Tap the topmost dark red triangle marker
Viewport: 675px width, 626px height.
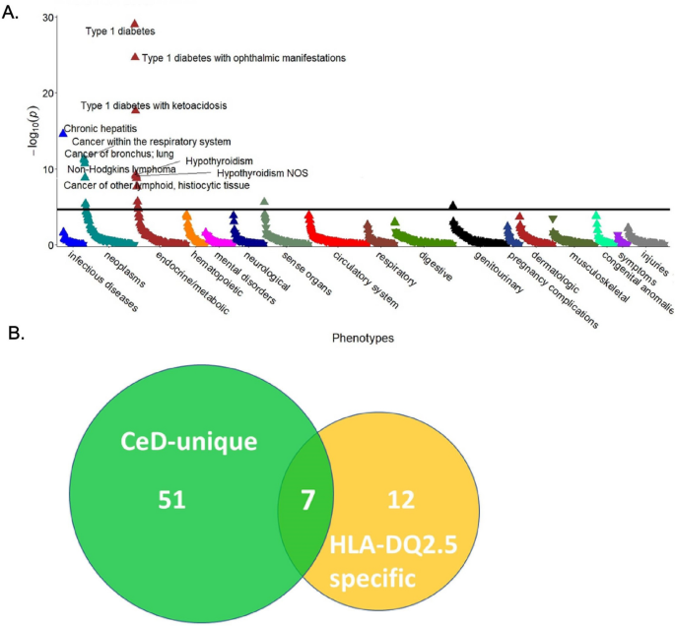[x=135, y=24]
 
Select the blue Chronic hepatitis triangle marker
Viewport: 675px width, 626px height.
[x=63, y=131]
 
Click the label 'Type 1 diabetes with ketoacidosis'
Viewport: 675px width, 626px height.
[x=153, y=105]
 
